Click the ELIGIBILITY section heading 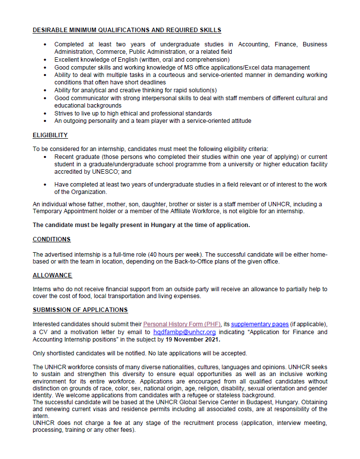click(50, 135)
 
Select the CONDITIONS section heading click(52, 239)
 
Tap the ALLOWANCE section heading click(52, 275)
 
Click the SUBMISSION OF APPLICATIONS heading click(80, 310)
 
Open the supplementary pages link click(260, 324)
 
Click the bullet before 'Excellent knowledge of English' click(45, 60)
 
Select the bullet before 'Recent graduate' click(45, 157)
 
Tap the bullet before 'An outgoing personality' click(45, 121)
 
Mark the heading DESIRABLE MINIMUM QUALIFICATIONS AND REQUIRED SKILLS click(127, 30)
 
